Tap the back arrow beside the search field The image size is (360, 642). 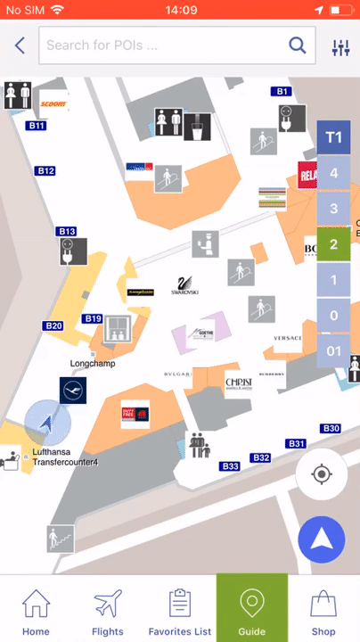coord(20,45)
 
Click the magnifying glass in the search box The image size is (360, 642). coord(297,45)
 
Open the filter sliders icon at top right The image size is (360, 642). coord(340,47)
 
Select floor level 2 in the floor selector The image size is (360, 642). coord(333,243)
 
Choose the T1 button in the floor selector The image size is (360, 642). coord(333,137)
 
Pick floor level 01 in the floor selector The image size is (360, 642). coord(333,351)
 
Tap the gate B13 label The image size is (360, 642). coord(67,232)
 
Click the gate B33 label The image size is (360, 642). coord(230,466)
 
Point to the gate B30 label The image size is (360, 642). coord(331,429)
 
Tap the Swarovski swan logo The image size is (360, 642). coord(184,286)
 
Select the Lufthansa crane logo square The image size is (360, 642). coord(73,391)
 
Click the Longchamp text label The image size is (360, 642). coord(93,364)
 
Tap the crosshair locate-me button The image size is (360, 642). coord(322,473)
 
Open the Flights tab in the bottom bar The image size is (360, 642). coord(108,611)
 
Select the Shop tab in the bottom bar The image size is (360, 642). coord(323,611)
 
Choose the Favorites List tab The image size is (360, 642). coord(180,611)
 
